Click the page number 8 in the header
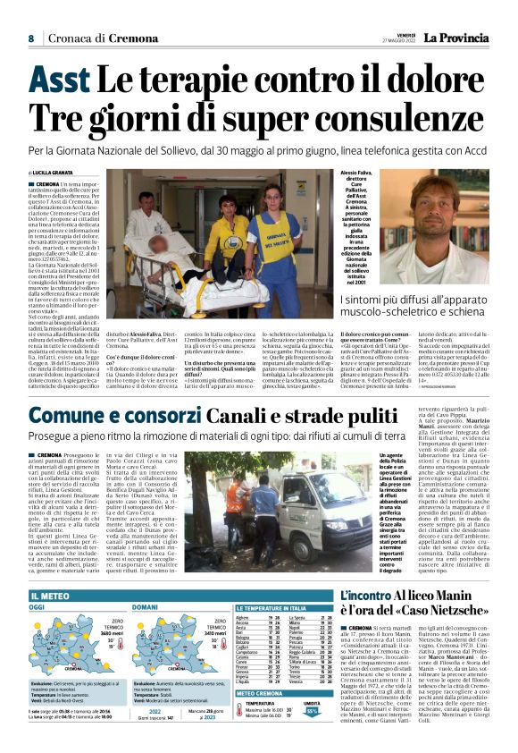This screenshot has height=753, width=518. [x=30, y=38]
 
